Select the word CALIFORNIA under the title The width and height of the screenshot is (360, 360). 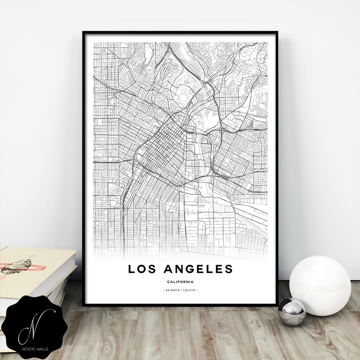180,282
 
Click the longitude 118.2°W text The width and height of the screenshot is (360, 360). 190,290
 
